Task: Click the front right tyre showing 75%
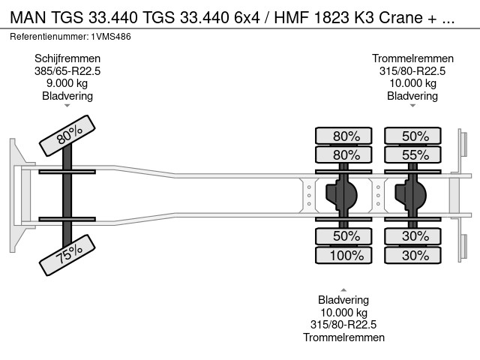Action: click(x=67, y=255)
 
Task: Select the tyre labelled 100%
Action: click(x=343, y=255)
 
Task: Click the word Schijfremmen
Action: click(x=67, y=58)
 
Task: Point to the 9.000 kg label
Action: click(x=67, y=83)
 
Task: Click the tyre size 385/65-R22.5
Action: click(x=67, y=71)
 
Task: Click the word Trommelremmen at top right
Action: click(x=412, y=58)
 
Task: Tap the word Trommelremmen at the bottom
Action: click(x=343, y=337)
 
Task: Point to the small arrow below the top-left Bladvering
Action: click(x=67, y=106)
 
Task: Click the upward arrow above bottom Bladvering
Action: click(x=343, y=289)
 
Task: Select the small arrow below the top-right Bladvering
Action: click(x=412, y=106)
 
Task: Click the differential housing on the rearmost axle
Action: click(x=412, y=196)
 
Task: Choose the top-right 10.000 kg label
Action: click(x=412, y=83)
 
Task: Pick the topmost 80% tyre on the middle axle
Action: click(x=343, y=136)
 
